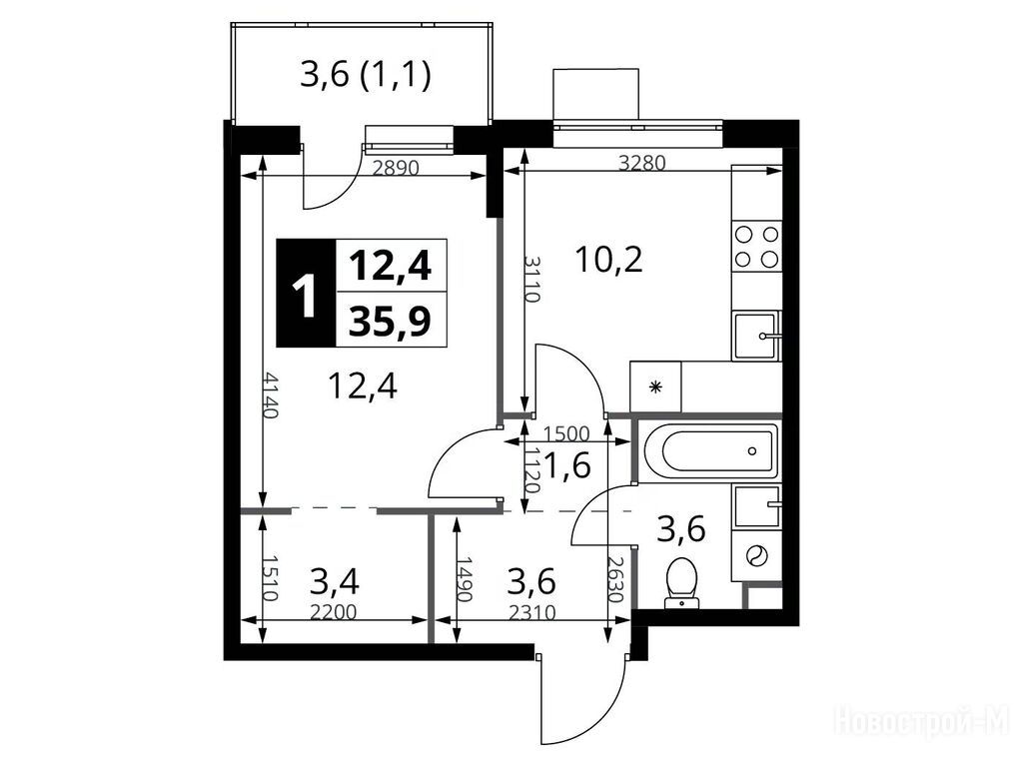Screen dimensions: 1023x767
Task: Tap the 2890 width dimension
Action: point(395,168)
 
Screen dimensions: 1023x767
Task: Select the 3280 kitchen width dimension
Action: point(642,163)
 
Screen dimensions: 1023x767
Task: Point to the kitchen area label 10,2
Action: point(609,260)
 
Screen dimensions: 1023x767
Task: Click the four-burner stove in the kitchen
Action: point(757,246)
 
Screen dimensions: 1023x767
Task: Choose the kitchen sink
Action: point(757,336)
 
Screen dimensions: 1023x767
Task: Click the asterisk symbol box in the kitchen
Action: point(655,386)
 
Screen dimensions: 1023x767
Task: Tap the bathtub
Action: point(709,450)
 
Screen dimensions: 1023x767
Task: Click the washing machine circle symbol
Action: point(757,555)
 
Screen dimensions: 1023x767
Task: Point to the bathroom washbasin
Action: point(757,506)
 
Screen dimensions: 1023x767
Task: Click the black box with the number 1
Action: point(306,293)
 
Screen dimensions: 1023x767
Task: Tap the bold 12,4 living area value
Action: point(391,266)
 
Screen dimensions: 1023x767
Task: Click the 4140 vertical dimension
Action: point(271,395)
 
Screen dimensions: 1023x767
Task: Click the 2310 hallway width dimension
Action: point(531,612)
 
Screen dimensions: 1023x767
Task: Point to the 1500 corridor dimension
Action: point(566,433)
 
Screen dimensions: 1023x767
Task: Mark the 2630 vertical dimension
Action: point(616,579)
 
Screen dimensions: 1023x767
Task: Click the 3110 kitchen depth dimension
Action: point(531,279)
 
